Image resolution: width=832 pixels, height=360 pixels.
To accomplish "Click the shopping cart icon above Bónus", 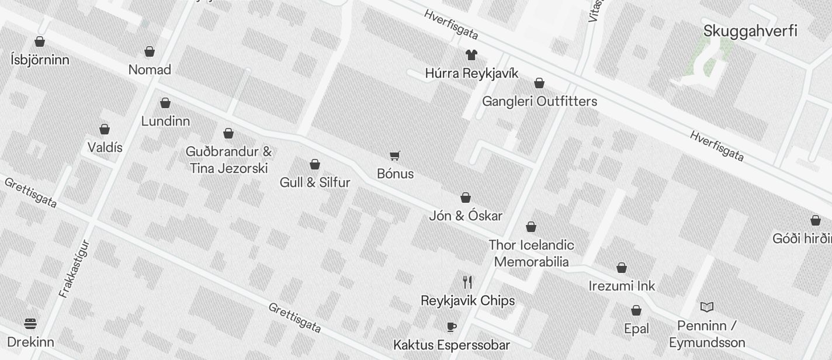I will point(395,155).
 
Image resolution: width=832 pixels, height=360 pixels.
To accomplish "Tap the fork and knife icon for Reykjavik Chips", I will point(467,282).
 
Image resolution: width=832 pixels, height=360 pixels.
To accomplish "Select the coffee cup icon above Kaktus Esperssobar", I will point(451,327).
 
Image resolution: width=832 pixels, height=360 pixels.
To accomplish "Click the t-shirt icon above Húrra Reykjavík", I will point(471,55).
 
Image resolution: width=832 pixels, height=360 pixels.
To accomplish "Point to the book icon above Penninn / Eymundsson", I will point(707,307).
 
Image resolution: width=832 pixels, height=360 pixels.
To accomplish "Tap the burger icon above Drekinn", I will point(30,323).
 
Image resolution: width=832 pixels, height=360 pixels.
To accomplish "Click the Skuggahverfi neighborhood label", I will point(750,31).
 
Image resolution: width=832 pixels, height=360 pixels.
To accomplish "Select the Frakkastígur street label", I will point(74,269).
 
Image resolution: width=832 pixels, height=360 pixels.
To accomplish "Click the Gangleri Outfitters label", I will point(539,101).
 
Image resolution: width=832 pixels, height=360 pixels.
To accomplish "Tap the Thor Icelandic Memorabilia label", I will point(531,253).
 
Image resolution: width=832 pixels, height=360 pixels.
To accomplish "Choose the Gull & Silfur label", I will point(315,182).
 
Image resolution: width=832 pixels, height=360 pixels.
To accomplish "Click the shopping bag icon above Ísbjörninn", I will point(40,41).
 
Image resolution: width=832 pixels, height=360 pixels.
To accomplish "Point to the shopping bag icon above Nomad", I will point(150,51).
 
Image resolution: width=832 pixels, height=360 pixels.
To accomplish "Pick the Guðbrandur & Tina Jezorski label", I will point(228,160).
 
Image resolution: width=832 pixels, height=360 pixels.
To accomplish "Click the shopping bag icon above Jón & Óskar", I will point(466,198).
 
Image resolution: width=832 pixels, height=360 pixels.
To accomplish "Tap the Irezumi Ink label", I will point(622,286).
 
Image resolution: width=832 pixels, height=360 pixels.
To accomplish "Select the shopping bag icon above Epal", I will point(636,310).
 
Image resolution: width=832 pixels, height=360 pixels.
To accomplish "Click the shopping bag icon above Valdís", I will point(105,129).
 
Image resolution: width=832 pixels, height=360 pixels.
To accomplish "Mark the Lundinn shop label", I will point(165,121).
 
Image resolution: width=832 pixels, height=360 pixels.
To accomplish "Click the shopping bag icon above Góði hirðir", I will point(816,220).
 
